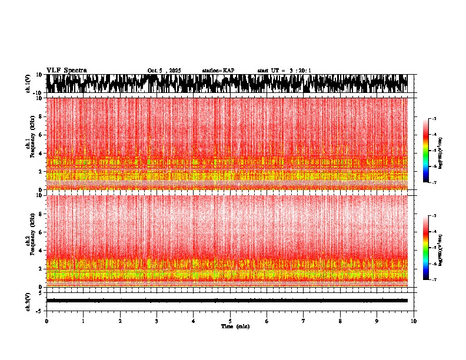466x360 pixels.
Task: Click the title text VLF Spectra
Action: [x=66, y=71]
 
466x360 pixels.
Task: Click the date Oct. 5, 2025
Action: [x=164, y=71]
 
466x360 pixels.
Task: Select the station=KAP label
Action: [x=218, y=71]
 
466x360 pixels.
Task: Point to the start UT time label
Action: [x=284, y=71]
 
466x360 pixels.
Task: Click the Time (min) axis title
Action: [x=235, y=326]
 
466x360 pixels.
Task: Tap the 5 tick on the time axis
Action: [x=230, y=321]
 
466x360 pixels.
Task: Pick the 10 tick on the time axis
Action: [x=414, y=321]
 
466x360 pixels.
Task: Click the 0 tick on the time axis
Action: [x=46, y=321]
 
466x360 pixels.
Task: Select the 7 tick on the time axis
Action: [x=304, y=321]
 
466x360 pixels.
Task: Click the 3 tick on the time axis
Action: [x=157, y=321]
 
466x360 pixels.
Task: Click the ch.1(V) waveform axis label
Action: [x=28, y=84]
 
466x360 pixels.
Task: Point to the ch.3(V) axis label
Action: [x=28, y=301]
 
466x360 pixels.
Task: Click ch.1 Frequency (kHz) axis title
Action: [x=31, y=143]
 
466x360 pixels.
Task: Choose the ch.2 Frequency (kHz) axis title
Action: [x=31, y=239]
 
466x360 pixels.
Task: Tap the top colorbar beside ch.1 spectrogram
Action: [x=426, y=150]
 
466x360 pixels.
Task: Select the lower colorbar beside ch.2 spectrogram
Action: [x=426, y=247]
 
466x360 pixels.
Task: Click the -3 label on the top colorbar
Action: [x=434, y=119]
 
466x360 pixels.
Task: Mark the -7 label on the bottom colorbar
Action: [x=434, y=280]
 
